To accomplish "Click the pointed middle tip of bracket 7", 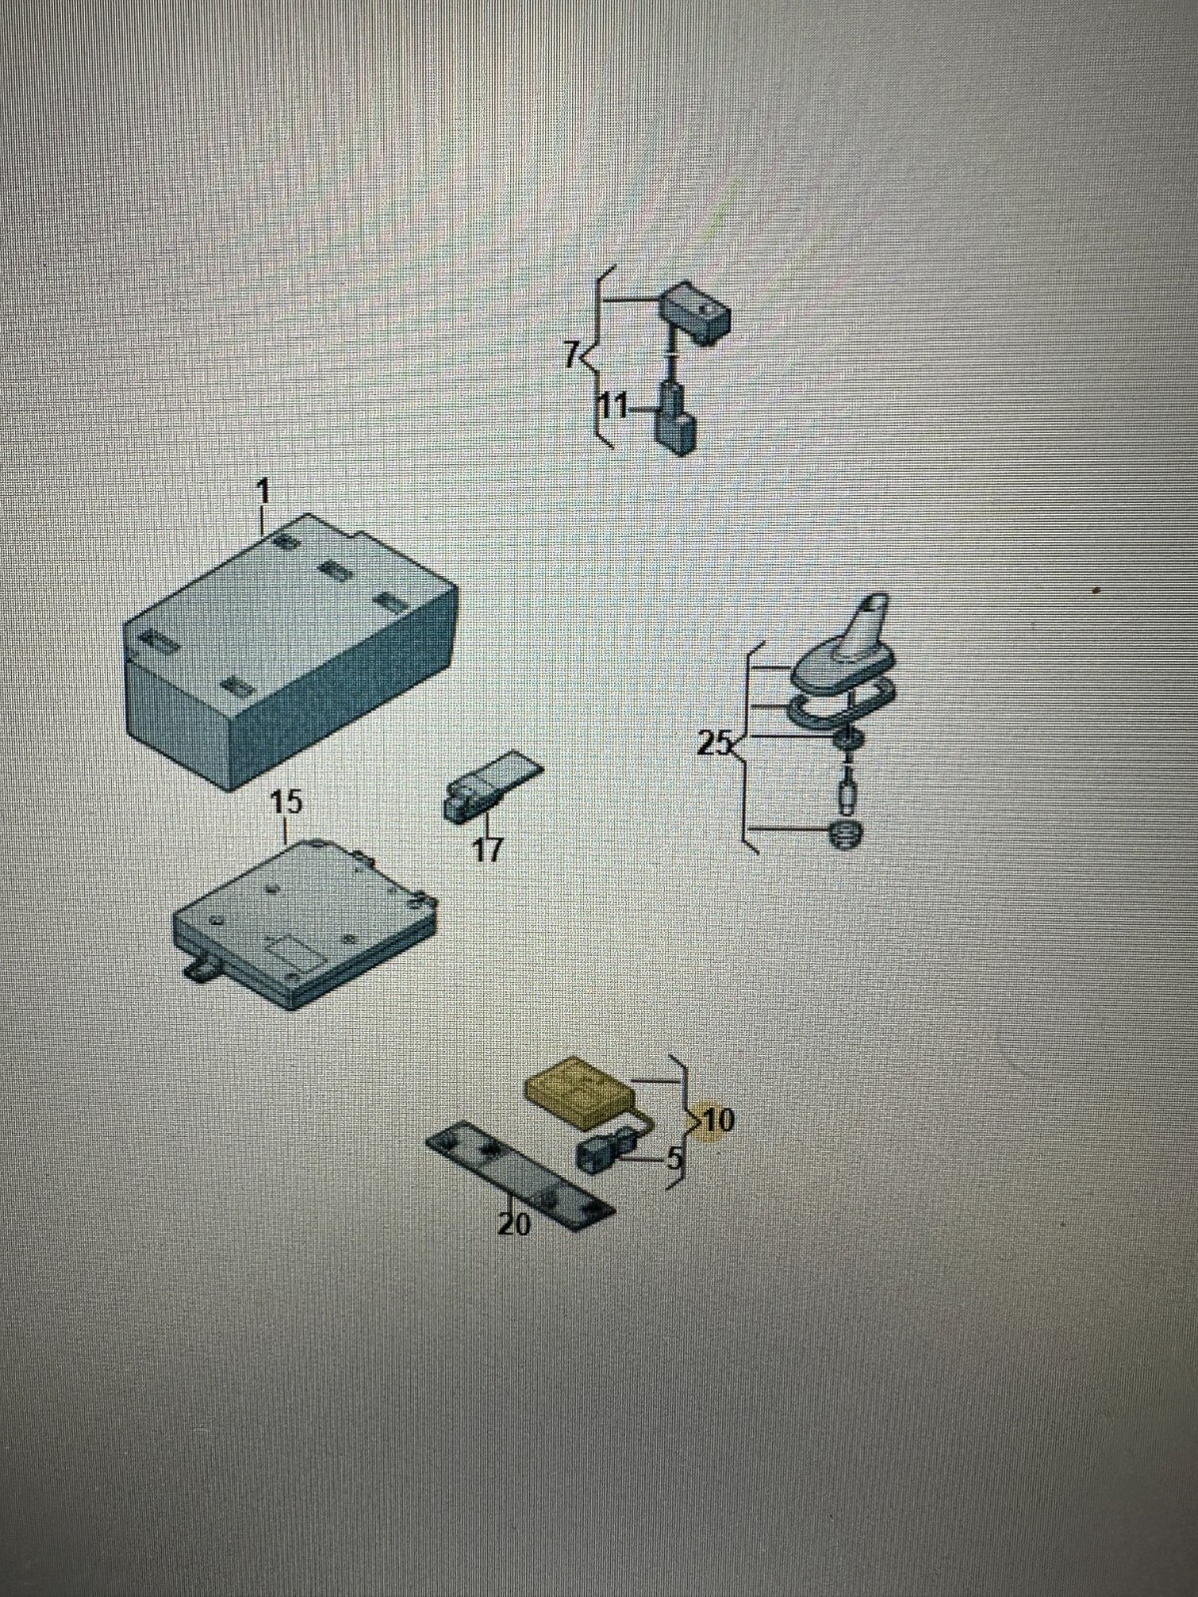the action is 585,355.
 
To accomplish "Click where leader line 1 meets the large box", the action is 264,536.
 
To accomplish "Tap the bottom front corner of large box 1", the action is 232,791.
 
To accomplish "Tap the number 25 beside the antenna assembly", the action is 714,744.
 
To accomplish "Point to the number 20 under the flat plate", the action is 514,1225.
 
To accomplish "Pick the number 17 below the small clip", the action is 486,848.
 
